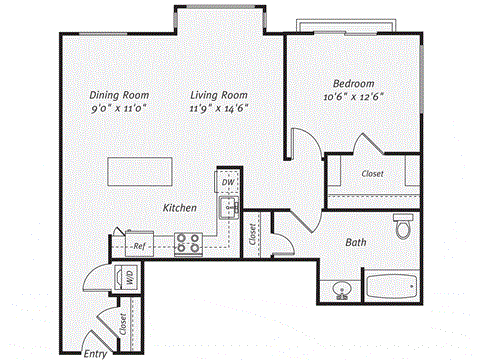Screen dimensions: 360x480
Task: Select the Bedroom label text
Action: (354, 83)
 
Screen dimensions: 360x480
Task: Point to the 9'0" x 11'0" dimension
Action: (109, 109)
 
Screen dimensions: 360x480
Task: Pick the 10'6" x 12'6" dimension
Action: (354, 98)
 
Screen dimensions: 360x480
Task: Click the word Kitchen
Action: (180, 207)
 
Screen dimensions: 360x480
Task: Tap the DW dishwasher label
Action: (228, 182)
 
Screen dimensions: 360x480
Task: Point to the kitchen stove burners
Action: (188, 241)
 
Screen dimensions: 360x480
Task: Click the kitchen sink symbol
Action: (228, 208)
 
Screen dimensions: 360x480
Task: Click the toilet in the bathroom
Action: (403, 227)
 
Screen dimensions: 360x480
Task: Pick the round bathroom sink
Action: (340, 291)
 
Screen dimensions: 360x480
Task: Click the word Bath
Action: (356, 243)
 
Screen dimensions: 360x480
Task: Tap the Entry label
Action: (95, 353)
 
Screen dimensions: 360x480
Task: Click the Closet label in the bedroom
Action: (372, 174)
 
